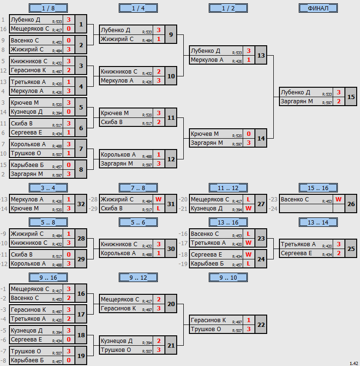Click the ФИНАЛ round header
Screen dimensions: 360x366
[x=318, y=8]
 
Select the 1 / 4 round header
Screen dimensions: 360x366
[x=138, y=8]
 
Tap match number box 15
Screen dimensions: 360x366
[x=351, y=97]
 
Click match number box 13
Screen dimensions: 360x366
[x=261, y=55]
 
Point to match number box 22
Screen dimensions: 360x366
[x=261, y=324]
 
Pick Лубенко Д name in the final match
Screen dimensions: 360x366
[x=295, y=92]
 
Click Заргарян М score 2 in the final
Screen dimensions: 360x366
[x=339, y=101]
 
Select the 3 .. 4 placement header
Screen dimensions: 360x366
[x=48, y=188]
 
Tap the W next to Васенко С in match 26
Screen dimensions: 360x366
[x=338, y=200]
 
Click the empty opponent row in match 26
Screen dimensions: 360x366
[x=306, y=208]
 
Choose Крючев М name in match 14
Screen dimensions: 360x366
[x=205, y=134]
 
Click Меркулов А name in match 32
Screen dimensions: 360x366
[x=27, y=200]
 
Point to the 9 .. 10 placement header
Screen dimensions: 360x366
[x=228, y=277]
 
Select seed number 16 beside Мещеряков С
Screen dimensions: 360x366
[x=3, y=29]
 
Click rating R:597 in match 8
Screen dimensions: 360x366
[x=57, y=175]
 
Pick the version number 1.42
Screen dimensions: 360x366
[x=354, y=363]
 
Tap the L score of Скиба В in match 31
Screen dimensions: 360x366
[x=158, y=208]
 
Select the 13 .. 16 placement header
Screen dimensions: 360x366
[x=228, y=223]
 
